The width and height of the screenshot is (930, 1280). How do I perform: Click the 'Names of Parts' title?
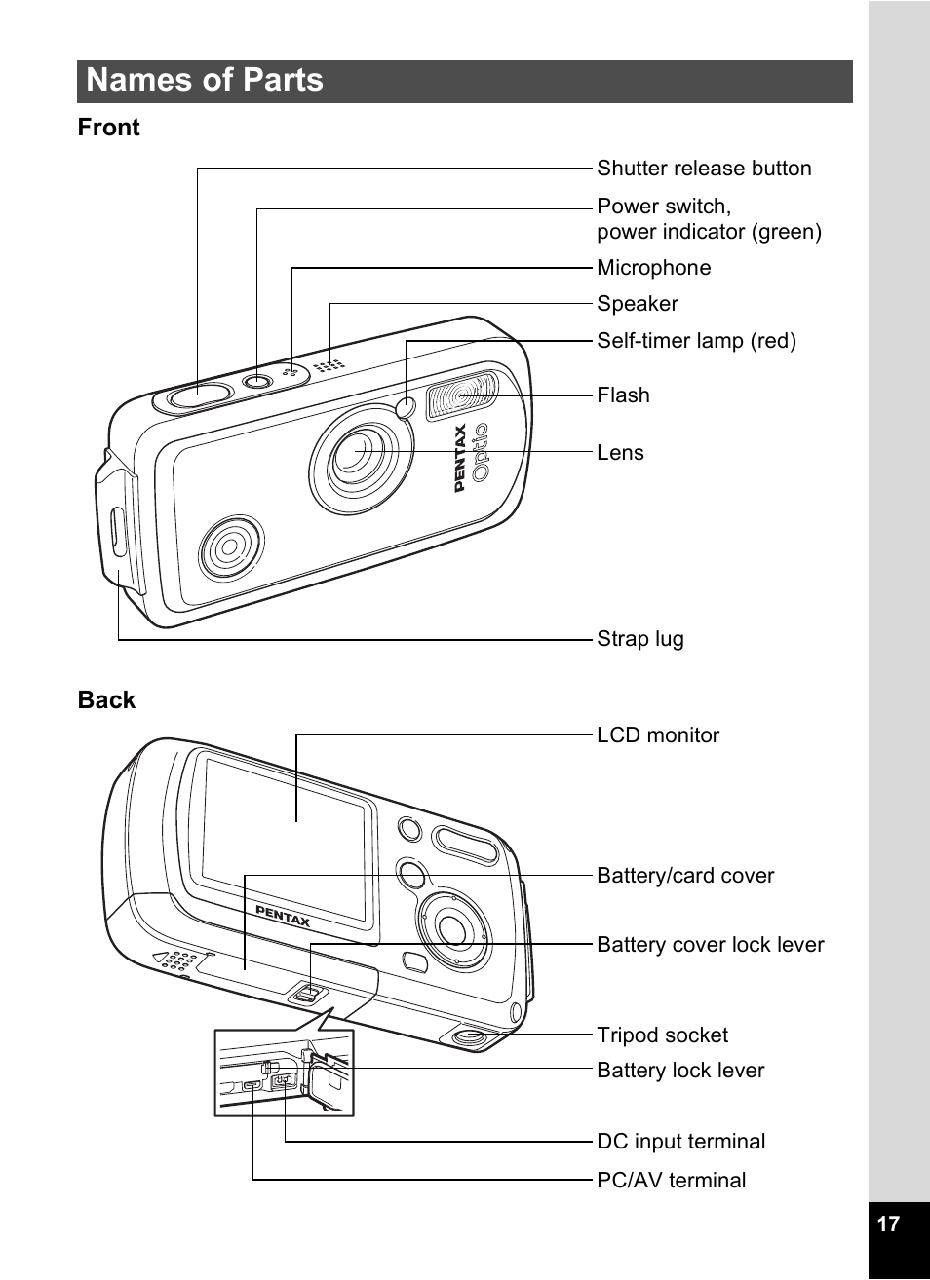204,80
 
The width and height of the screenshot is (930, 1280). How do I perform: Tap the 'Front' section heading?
108,127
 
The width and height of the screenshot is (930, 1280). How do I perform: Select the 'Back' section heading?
106,699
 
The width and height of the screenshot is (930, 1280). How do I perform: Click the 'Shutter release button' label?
704,168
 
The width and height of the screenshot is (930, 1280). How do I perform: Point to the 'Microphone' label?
654,268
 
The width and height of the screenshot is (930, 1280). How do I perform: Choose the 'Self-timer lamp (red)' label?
697,341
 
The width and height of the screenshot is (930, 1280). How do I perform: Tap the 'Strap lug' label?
640,639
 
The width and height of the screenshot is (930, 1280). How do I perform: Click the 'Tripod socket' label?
662,1035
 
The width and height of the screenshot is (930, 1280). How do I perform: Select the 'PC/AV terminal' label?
672,1180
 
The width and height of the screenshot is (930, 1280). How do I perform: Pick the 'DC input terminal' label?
680,1141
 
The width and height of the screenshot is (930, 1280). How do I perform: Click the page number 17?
888,1224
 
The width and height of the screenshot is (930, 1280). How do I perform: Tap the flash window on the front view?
462,395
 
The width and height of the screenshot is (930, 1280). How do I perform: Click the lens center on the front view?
356,451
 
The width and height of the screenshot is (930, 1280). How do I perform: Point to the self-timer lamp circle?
405,407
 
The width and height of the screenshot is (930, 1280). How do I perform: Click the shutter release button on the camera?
199,395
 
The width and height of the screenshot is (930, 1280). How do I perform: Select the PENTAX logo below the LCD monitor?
283,916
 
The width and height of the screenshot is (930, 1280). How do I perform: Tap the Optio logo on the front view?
480,452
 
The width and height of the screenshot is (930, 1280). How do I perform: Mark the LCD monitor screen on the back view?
285,838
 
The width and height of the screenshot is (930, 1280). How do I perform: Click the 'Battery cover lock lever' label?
711,945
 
